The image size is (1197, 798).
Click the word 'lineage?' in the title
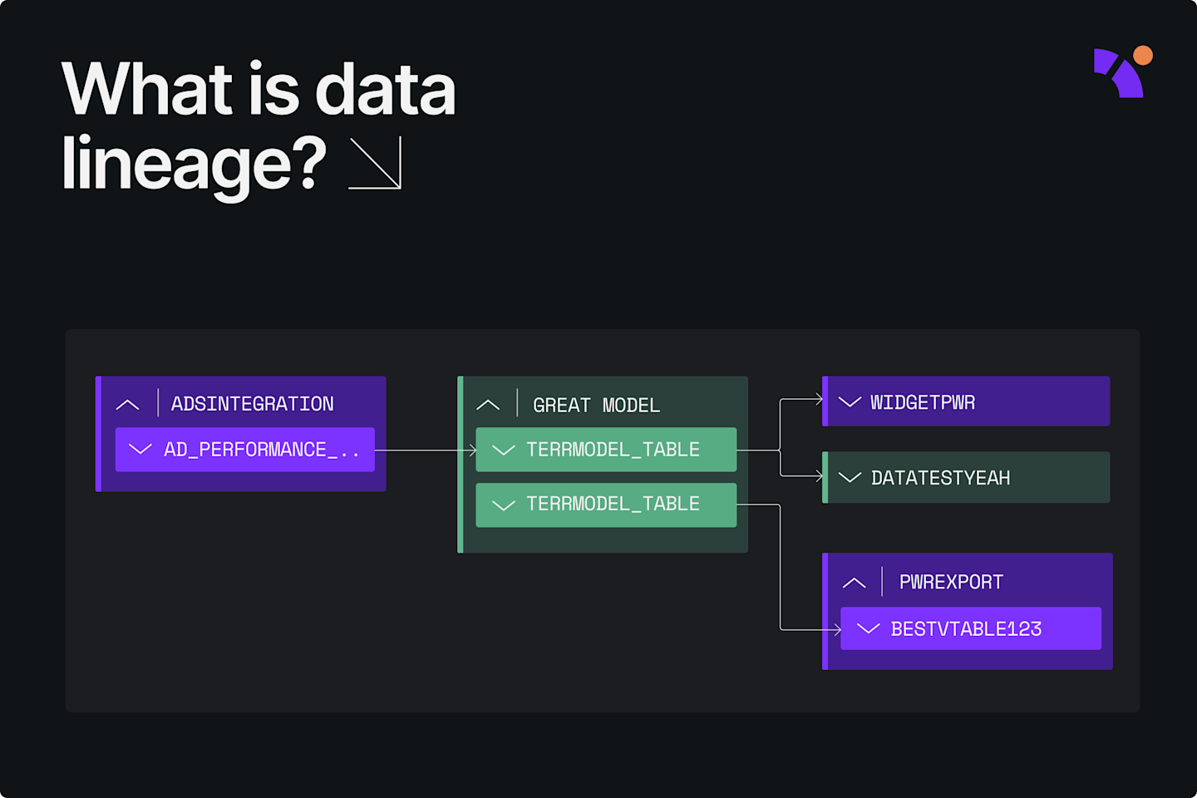194,164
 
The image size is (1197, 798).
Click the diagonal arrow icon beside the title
376,163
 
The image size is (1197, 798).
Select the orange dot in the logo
1143,56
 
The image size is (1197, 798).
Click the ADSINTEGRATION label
252,404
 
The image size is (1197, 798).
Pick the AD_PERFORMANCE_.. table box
244,450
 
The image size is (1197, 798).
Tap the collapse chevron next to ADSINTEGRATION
128,405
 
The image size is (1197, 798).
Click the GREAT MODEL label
596,406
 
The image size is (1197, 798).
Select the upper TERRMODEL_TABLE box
605,450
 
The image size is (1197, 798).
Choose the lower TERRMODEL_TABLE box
605,505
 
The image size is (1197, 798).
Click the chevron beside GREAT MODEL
488,406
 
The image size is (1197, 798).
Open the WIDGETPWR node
966,401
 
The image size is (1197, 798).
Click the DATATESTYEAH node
966,477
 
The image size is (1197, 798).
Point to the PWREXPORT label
951,582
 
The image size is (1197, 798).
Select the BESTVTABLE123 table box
970,628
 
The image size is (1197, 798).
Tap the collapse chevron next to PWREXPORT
854,583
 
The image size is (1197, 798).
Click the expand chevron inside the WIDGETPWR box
850,402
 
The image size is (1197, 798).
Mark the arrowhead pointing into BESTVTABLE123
836,630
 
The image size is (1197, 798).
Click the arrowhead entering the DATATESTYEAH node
818,476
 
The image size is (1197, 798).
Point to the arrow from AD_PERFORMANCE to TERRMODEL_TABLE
425,450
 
